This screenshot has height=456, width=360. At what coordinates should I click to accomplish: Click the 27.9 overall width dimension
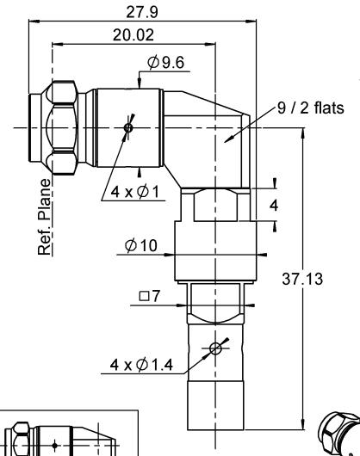click(142, 12)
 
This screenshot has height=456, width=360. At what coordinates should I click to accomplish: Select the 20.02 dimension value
click(133, 35)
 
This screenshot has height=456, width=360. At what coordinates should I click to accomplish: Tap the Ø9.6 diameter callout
click(165, 63)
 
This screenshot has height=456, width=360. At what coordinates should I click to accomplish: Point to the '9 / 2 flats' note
click(311, 108)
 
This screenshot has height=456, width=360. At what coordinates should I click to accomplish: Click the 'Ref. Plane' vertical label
click(45, 217)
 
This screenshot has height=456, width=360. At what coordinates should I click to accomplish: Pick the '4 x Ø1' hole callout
click(134, 192)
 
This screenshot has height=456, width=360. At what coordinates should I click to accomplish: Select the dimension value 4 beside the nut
click(274, 206)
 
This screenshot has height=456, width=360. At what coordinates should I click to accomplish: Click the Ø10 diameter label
click(141, 245)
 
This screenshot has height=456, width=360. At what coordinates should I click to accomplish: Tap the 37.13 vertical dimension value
click(302, 279)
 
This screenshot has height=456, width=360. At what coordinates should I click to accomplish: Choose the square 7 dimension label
click(150, 296)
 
